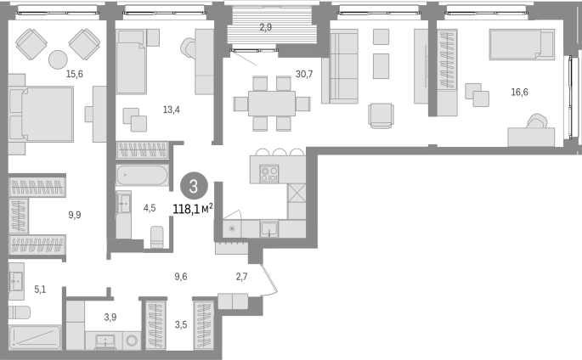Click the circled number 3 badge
(194, 187)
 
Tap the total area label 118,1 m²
(193, 209)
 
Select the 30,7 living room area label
(304, 74)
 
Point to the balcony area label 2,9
(266, 27)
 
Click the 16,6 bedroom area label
(519, 92)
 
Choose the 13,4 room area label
(171, 110)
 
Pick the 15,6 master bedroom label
(74, 74)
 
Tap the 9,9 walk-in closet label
(75, 215)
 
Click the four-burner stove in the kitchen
(269, 174)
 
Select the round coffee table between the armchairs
(59, 59)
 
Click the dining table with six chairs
(272, 104)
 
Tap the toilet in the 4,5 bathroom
(157, 237)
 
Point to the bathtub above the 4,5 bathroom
(142, 176)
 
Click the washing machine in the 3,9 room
(133, 340)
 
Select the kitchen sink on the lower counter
(268, 228)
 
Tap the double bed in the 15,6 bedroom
(41, 114)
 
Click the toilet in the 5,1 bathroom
(19, 312)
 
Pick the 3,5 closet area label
(181, 325)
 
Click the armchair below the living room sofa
(381, 115)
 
